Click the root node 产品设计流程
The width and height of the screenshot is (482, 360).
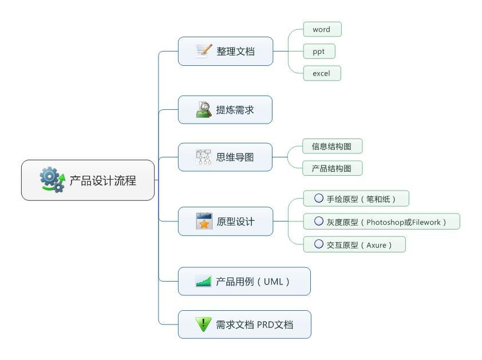click(88, 180)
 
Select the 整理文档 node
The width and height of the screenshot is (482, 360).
click(226, 51)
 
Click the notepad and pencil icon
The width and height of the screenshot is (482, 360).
click(204, 50)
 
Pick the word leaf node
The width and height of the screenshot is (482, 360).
click(322, 29)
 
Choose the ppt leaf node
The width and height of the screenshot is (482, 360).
click(318, 52)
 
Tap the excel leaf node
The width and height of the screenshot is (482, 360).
click(322, 73)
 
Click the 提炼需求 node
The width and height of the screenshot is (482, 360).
click(225, 109)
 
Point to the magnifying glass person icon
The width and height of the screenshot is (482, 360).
click(203, 109)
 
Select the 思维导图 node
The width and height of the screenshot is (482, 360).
click(225, 157)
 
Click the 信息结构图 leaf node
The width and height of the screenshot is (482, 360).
click(332, 147)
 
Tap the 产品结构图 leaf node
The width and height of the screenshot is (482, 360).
click(332, 168)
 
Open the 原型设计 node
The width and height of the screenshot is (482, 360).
click(226, 221)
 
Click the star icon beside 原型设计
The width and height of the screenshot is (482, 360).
click(204, 221)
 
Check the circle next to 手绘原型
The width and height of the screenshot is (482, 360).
click(319, 199)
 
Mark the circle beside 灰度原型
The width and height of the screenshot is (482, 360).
click(319, 221)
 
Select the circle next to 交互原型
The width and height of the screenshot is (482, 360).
click(319, 244)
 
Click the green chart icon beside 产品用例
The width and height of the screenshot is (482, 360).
click(203, 281)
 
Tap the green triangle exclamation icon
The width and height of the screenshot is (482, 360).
click(203, 324)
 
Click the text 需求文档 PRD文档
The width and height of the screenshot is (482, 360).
click(254, 325)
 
